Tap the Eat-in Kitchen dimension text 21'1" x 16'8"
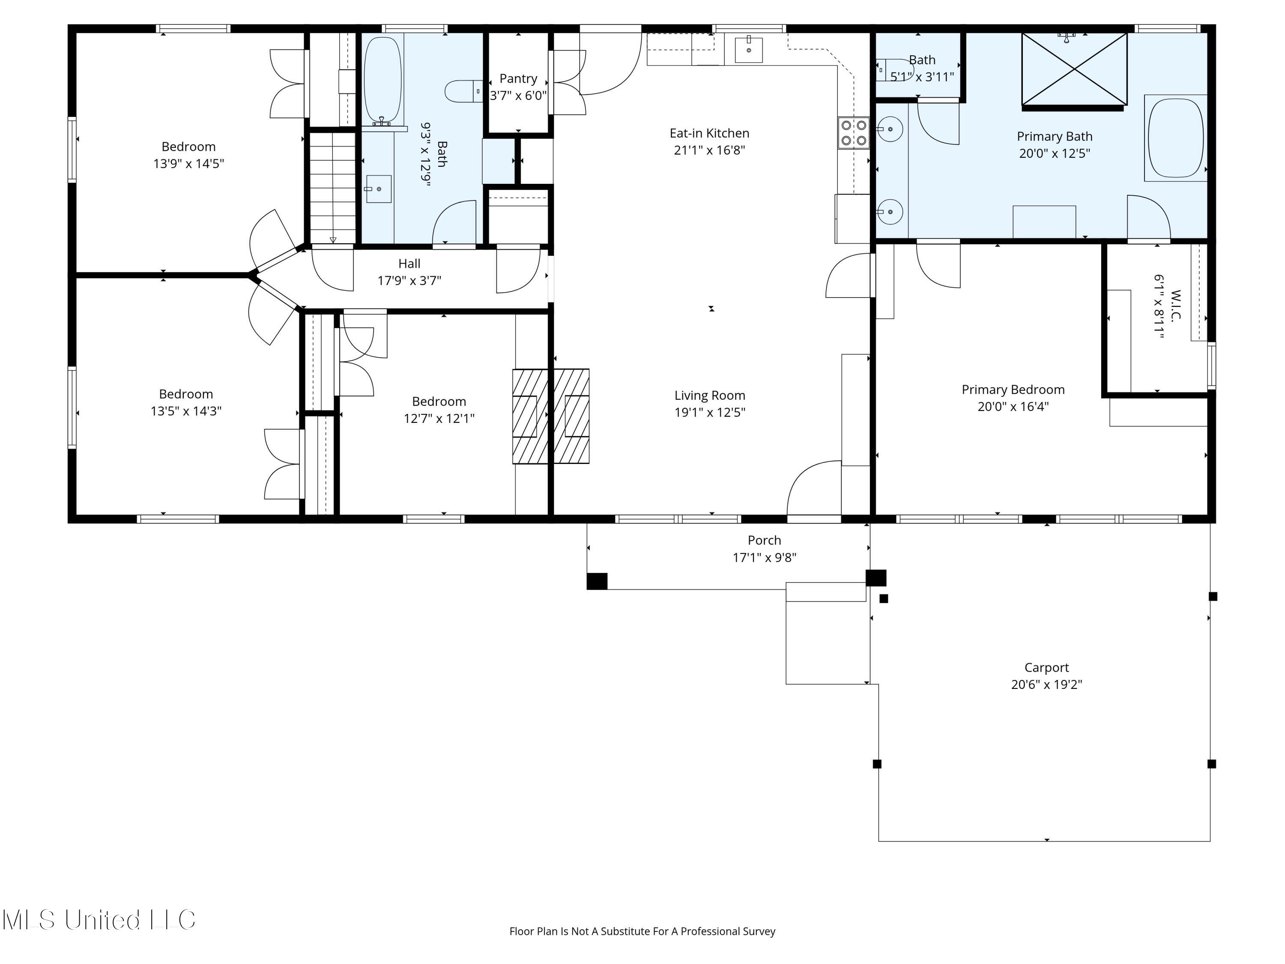[x=709, y=150]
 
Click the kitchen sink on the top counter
[x=748, y=49]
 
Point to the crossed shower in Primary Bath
[x=1074, y=69]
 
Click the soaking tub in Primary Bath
[x=1176, y=138]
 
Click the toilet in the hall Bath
[x=463, y=91]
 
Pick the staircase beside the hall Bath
[x=332, y=188]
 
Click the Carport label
[x=1046, y=668]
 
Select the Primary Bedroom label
[x=1013, y=390]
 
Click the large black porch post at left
[x=597, y=581]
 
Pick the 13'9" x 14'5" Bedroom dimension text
[x=188, y=164]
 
